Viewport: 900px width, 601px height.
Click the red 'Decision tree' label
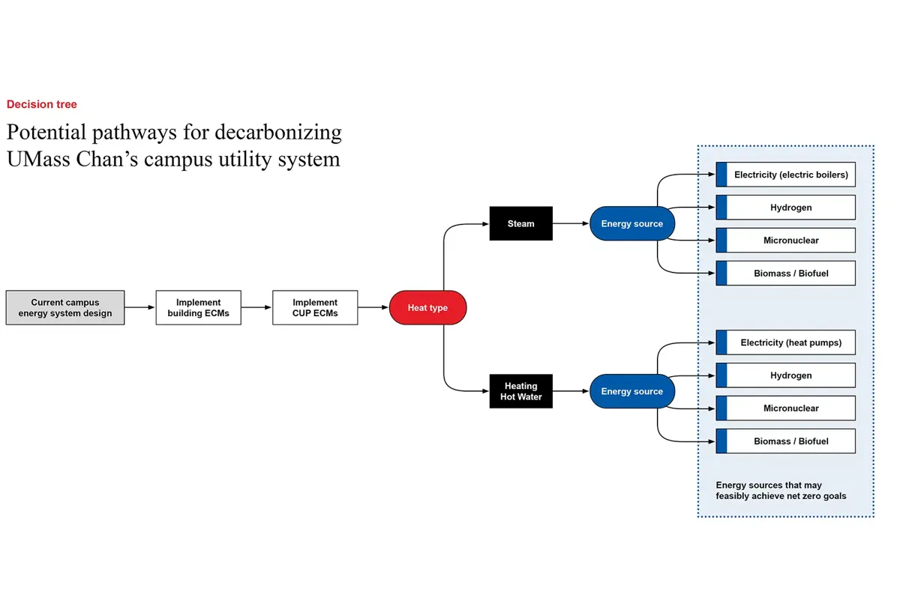coord(42,105)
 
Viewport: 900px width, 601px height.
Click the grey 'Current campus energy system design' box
coord(65,308)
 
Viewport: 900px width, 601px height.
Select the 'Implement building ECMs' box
coord(199,308)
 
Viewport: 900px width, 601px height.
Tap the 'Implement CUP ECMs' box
coord(315,308)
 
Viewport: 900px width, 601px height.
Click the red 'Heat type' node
coord(427,308)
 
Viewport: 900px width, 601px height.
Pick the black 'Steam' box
coord(520,223)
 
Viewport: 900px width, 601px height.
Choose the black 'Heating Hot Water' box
coord(520,391)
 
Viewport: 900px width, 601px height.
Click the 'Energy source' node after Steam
coord(631,223)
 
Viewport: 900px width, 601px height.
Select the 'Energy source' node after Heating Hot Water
coord(631,391)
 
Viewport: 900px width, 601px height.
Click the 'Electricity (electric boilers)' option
coord(790,175)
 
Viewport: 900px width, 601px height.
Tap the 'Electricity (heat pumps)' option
coord(790,342)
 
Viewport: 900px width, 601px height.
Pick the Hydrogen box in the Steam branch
coord(790,208)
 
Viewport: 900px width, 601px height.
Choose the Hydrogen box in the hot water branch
coord(790,375)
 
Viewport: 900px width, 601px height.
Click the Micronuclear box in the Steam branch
coord(790,241)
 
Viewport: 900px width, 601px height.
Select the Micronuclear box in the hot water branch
coord(790,408)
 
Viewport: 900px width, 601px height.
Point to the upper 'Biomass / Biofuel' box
coord(790,274)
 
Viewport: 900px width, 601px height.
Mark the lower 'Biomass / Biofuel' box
coord(790,441)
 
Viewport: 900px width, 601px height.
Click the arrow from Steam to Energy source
coord(571,223)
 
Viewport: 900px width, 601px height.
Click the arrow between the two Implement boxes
coord(256,308)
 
